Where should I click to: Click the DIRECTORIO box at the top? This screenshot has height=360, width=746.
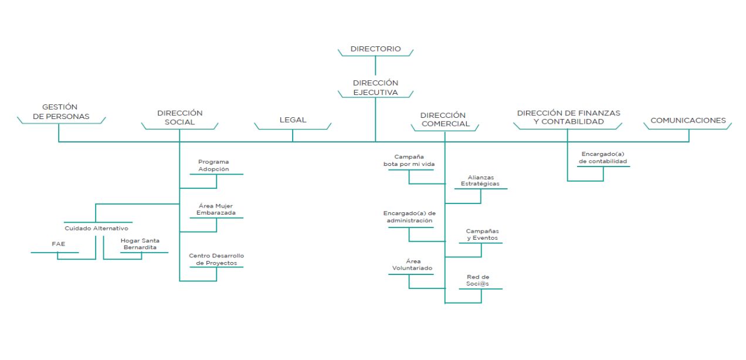click(x=375, y=49)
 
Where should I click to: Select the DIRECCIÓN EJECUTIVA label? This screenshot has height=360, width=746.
click(x=375, y=87)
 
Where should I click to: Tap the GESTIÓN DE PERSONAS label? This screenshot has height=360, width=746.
click(x=61, y=111)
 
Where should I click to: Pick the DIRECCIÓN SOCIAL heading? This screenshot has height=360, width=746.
click(x=180, y=118)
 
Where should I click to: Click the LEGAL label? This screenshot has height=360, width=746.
click(x=293, y=120)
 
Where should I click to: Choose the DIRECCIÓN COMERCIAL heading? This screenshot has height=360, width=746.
click(x=445, y=120)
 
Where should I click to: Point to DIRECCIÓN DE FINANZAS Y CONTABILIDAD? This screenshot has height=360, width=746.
click(x=568, y=117)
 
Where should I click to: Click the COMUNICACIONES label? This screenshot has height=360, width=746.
click(x=688, y=120)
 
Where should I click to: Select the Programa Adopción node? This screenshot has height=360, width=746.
click(x=213, y=165)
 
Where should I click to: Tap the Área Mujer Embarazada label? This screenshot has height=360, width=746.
click(x=216, y=209)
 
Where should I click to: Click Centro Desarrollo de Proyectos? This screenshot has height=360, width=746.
click(x=216, y=259)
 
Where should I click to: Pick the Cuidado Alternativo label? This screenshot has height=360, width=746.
click(x=96, y=229)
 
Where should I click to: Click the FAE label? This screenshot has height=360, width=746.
click(x=58, y=244)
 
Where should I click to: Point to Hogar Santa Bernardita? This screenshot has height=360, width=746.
click(x=140, y=244)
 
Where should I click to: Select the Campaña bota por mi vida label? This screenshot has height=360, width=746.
click(x=409, y=161)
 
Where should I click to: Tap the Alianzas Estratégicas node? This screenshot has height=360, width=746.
click(x=480, y=181)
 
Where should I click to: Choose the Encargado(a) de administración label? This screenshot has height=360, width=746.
click(x=409, y=217)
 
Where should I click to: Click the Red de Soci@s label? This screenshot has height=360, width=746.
click(x=477, y=280)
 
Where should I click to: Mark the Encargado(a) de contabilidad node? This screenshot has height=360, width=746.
click(x=603, y=158)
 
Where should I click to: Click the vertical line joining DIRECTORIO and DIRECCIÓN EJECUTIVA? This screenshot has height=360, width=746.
click(x=375, y=65)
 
